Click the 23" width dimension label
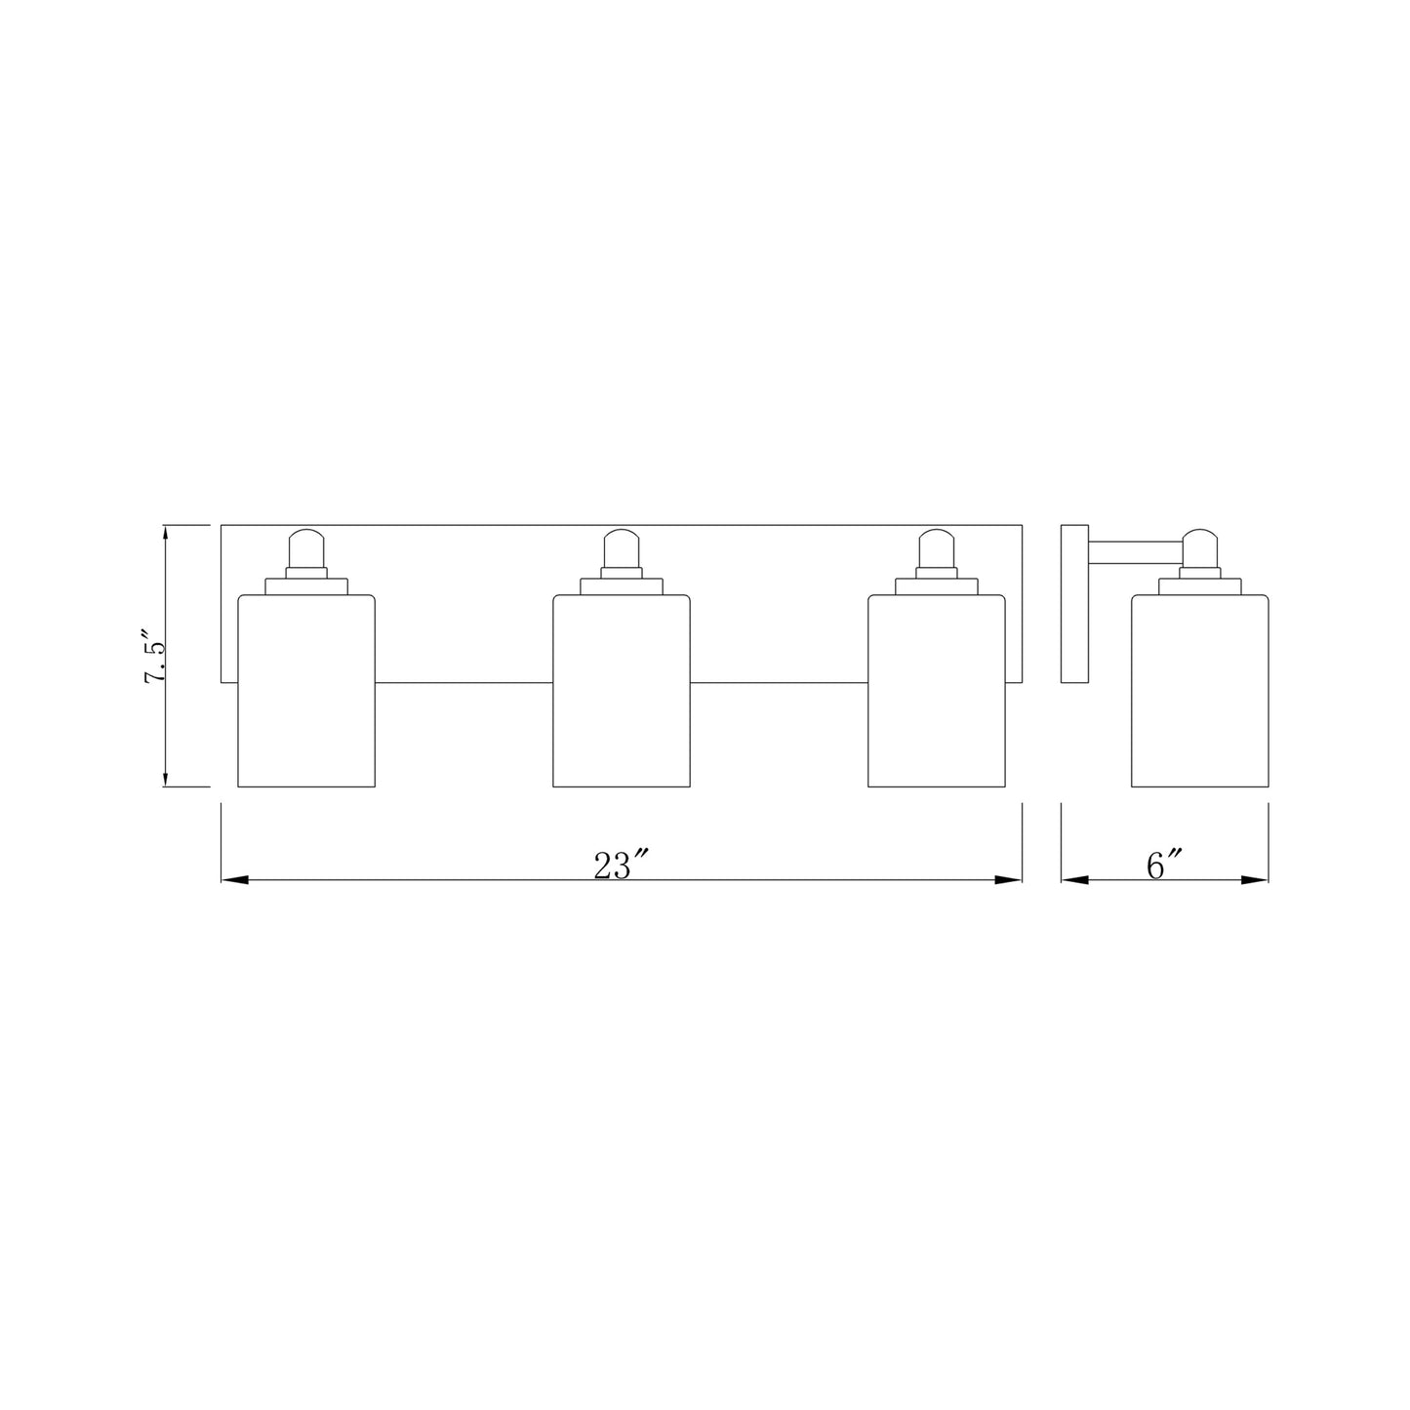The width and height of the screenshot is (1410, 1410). pos(622,865)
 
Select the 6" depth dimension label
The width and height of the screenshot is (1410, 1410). pos(1164,865)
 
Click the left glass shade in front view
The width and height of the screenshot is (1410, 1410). pos(307,690)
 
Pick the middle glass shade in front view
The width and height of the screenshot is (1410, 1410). pos(622,690)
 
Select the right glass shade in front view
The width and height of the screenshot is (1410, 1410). pos(937,690)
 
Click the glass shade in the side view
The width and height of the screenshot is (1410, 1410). pos(1199,690)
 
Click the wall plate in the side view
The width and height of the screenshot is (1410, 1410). pos(1074,604)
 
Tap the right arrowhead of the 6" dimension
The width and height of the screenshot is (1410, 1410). pos(1256,880)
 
